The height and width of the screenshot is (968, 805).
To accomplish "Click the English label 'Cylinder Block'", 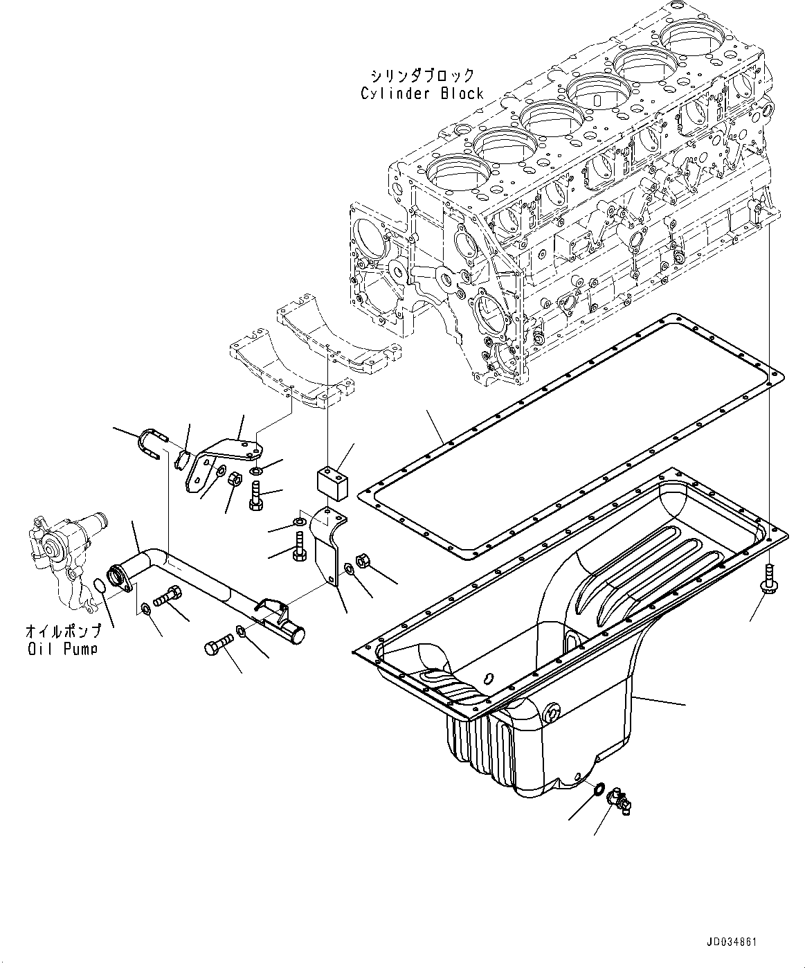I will coord(422,93).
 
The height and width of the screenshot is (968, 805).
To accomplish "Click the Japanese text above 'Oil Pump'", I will coord(62,631).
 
